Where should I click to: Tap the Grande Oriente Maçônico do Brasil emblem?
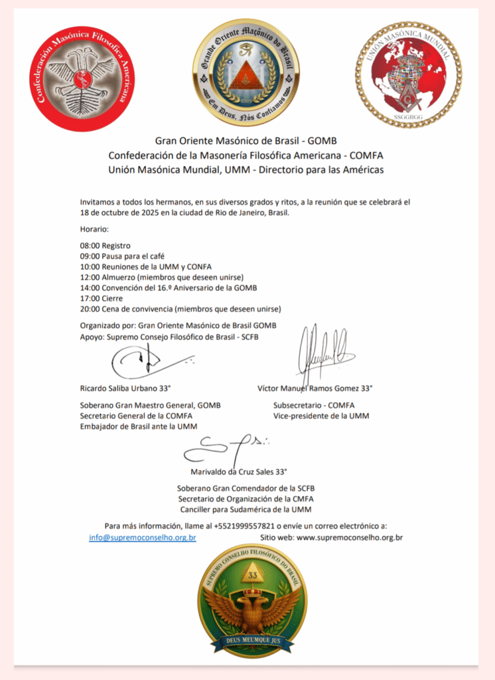pos(246,72)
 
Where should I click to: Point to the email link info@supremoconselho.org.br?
pos(143,537)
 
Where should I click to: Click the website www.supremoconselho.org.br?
pos(350,537)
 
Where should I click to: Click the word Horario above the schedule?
pos(95,228)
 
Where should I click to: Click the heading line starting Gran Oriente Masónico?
pos(246,140)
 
